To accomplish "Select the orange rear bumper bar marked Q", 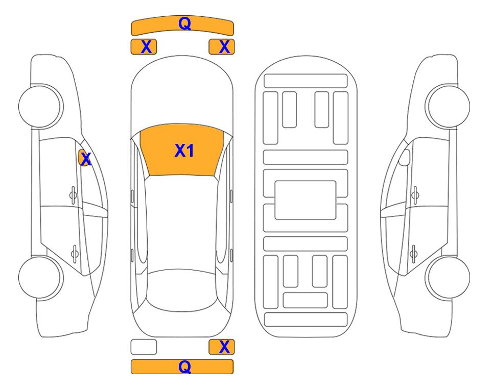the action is (182, 366).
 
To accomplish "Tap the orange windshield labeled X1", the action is (182, 150).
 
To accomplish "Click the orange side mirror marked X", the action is (84, 158).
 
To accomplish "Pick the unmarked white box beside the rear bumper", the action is (144, 347).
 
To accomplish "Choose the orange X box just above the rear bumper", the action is (222, 347).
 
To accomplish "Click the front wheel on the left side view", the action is (41, 106).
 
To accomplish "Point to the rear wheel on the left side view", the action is (41, 277).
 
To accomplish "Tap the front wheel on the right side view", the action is (448, 106).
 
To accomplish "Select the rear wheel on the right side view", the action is (448, 277).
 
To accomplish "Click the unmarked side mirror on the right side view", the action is (405, 157).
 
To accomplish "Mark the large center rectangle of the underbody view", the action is (306, 200).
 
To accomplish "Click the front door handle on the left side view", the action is (73, 195).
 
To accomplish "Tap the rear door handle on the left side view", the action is (75, 253).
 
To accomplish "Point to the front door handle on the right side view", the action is (415, 195).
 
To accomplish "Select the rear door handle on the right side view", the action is (414, 253).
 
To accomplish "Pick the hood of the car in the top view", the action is (182, 94).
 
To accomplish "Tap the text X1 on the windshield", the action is (184, 151).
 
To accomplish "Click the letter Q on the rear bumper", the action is (184, 366).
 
